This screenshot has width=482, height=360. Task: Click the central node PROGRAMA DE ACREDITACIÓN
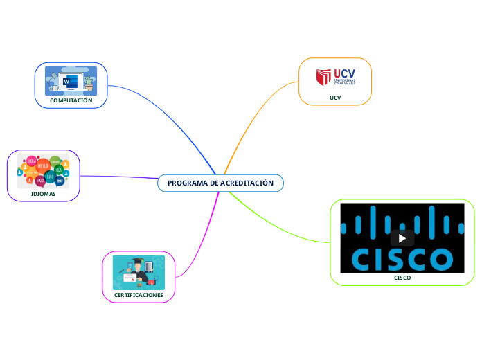(220, 183)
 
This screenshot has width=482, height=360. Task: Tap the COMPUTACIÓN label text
(71, 100)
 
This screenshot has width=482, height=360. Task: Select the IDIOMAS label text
(44, 195)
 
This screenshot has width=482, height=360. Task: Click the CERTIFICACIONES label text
(139, 295)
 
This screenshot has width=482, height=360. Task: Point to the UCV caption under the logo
(335, 98)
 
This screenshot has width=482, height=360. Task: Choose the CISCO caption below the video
(402, 278)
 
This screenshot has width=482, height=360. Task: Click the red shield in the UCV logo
(323, 77)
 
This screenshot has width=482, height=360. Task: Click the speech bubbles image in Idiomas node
(44, 171)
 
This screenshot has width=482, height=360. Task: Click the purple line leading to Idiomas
(118, 177)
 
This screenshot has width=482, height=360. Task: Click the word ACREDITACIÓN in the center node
(246, 183)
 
